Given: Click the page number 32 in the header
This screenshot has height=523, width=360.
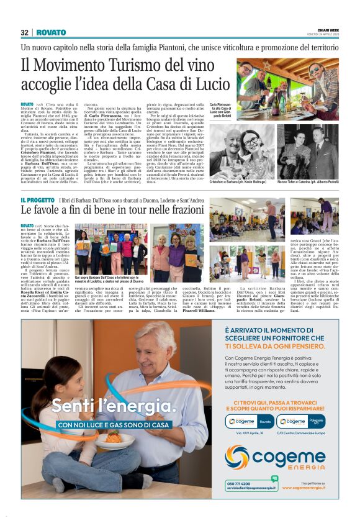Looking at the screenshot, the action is pyautogui.click(x=25, y=32).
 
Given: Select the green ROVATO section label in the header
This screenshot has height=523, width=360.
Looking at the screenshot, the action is pyautogui.click(x=51, y=32).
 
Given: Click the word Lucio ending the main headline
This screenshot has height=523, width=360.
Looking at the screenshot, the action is pyautogui.click(x=209, y=84).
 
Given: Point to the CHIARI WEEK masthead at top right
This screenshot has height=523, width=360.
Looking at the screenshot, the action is pyautogui.click(x=327, y=29).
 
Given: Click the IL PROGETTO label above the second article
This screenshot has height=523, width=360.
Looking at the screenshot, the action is pyautogui.click(x=38, y=200).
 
